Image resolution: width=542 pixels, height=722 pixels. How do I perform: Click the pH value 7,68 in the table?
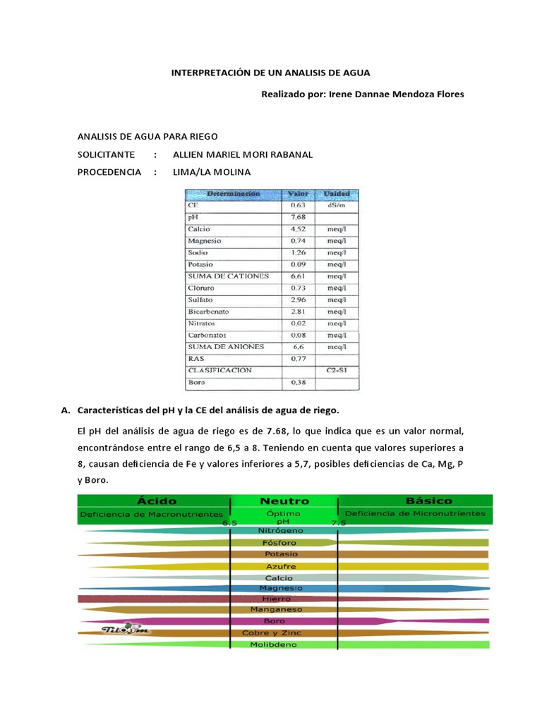pyautogui.click(x=298, y=217)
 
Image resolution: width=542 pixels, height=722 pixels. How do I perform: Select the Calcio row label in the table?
pyautogui.click(x=199, y=229)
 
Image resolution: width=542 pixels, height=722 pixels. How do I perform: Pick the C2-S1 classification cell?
pyautogui.click(x=335, y=370)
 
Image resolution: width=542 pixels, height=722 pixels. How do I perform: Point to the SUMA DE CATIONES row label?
pyautogui.click(x=228, y=276)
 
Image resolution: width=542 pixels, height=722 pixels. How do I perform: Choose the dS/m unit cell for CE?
pyautogui.click(x=336, y=205)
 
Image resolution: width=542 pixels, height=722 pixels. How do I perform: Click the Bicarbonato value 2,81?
pyautogui.click(x=298, y=312)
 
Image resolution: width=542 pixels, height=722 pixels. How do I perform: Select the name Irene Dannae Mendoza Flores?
pyautogui.click(x=397, y=94)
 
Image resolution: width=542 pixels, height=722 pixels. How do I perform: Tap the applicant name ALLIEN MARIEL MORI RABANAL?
pyautogui.click(x=242, y=154)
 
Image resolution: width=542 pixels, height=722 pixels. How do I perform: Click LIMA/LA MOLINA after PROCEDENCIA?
pyautogui.click(x=211, y=172)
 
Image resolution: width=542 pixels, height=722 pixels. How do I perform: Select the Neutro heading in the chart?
pyautogui.click(x=284, y=501)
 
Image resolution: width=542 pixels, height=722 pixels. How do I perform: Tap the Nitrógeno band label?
pyautogui.click(x=282, y=530)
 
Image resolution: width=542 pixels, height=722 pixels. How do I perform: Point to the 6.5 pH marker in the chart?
pyautogui.click(x=229, y=523)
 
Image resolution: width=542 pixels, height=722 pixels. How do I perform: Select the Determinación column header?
pyautogui.click(x=233, y=193)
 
